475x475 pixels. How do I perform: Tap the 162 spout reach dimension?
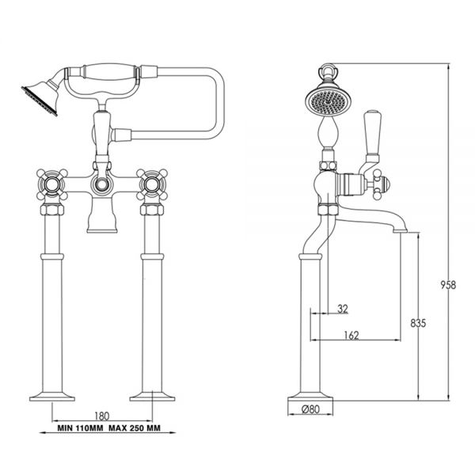pyautogui.click(x=352, y=335)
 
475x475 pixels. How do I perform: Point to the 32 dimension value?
pyautogui.click(x=342, y=309)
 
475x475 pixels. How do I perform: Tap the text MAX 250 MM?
pyautogui.click(x=133, y=428)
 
